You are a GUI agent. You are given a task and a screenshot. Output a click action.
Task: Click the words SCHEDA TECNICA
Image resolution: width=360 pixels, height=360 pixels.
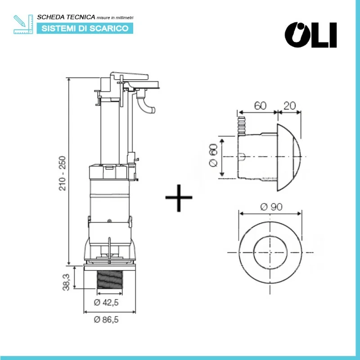click(66, 17)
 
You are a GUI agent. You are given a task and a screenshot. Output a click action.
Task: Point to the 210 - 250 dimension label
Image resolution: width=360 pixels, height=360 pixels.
click(63, 173)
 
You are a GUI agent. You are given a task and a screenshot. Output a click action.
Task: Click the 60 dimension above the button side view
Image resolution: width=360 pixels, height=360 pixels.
click(260, 106)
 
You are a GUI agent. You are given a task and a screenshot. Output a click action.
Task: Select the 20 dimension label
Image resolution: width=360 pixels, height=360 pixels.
click(290, 106)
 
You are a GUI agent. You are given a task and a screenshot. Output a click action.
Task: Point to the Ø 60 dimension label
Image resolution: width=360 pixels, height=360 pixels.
click(214, 155)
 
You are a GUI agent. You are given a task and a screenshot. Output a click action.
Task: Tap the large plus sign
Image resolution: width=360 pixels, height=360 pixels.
click(179, 197)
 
